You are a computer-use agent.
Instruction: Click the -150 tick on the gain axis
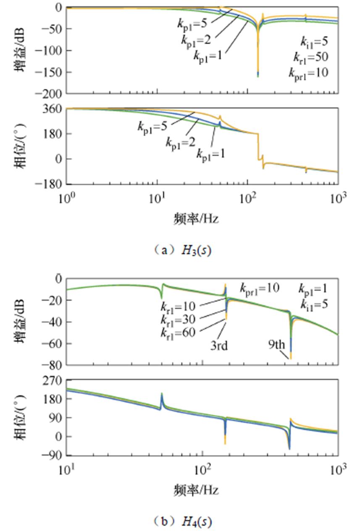pos(51,72)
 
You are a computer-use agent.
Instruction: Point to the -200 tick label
pos(51,93)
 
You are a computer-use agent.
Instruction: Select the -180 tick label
pos(51,184)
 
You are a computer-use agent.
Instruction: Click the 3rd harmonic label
pos(219,346)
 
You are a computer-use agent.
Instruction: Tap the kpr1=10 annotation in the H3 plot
pos(308,73)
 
